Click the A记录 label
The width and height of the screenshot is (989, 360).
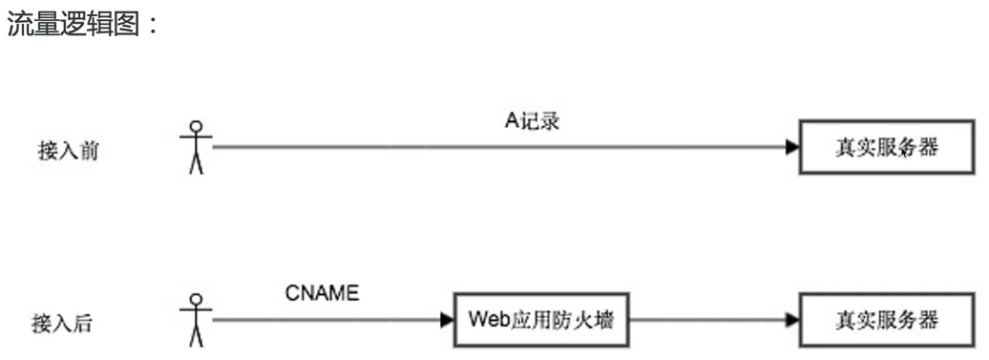coord(531,121)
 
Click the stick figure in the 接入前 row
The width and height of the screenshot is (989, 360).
coord(197,147)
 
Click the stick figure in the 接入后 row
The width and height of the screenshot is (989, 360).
coord(197,319)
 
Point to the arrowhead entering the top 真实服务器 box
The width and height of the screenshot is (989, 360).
coord(792,148)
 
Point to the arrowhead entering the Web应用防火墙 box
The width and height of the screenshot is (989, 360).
coord(447,320)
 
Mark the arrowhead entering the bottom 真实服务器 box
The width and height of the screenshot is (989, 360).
coord(792,320)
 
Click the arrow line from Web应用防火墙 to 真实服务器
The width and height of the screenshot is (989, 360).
coord(706,320)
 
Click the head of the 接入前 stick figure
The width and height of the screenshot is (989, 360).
coord(197,126)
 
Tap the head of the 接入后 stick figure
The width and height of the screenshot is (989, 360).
coord(197,298)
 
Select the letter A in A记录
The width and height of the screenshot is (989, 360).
coord(510,121)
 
